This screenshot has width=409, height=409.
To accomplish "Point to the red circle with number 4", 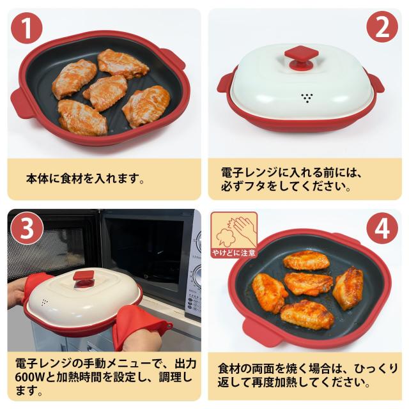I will pyautogui.click(x=382, y=228).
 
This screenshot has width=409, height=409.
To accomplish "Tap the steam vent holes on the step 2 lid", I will pyautogui.click(x=307, y=98).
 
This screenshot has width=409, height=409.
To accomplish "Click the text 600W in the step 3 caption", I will pyautogui.click(x=30, y=376).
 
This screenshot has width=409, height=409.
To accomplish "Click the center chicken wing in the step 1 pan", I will pyautogui.click(x=105, y=92).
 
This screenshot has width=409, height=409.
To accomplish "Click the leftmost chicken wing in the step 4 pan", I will pyautogui.click(x=269, y=292).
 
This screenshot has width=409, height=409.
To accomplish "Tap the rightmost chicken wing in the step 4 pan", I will pyautogui.click(x=348, y=288).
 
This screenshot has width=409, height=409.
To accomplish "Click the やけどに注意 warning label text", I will pyautogui.click(x=234, y=253).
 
